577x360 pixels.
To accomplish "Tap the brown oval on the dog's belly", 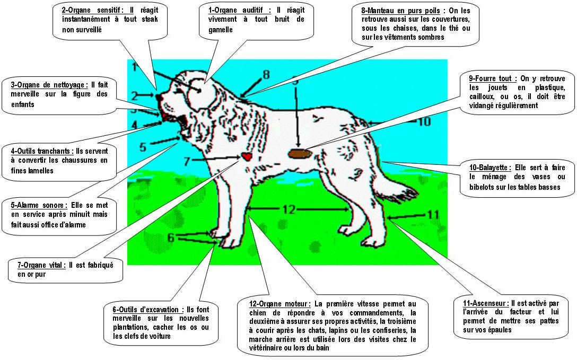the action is pyautogui.click(x=300, y=153).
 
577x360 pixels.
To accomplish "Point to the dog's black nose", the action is pyautogui.click(x=159, y=98).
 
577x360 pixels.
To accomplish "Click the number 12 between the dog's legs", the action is pyautogui.click(x=289, y=209).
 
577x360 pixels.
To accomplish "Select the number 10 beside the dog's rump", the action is pyautogui.click(x=424, y=121).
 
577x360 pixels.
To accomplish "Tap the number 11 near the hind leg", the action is pyautogui.click(x=433, y=214).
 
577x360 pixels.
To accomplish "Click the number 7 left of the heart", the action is pyautogui.click(x=187, y=161).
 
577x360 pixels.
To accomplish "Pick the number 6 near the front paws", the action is pyautogui.click(x=171, y=238).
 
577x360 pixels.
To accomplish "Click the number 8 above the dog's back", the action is pyautogui.click(x=266, y=75).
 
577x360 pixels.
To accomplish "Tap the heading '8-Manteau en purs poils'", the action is pyautogui.click(x=400, y=11).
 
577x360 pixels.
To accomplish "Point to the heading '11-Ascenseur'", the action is pyautogui.click(x=484, y=303).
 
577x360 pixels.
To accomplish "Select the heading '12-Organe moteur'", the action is pyautogui.click(x=279, y=304).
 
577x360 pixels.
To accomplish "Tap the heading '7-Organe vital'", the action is pyautogui.click(x=41, y=265).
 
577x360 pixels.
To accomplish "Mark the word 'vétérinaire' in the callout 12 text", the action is pyautogui.click(x=266, y=347).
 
